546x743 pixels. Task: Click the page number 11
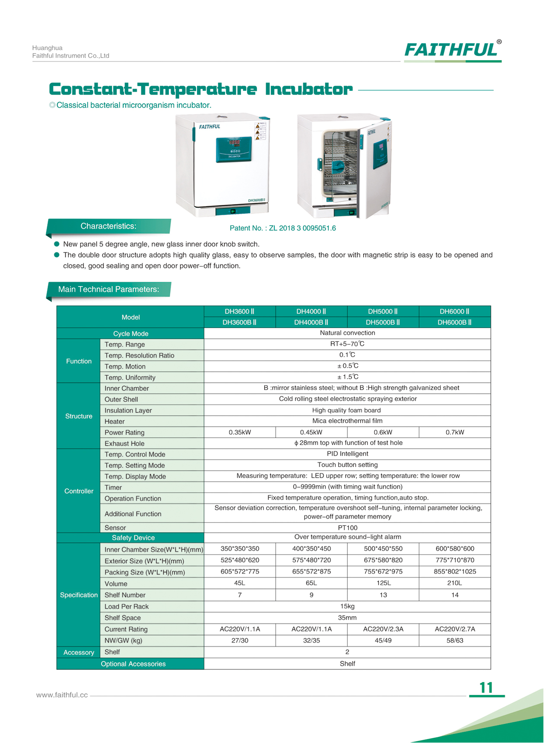pos(486,688)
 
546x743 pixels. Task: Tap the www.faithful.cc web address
pos(62,695)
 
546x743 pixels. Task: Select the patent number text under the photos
pos(283,228)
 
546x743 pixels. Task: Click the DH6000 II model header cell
pos(454,311)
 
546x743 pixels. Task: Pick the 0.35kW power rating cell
pos(240,432)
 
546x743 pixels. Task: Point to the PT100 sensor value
pos(347,528)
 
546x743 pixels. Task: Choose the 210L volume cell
pos(454,583)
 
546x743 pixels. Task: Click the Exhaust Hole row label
pos(124,443)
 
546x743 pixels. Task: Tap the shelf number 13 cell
pos(383,595)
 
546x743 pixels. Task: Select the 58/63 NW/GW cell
pos(454,641)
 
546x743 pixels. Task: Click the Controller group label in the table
pos(79,491)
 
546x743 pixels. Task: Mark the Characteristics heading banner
pos(108,226)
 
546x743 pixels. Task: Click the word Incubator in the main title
pos(308,89)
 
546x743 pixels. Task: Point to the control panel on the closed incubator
pos(234,149)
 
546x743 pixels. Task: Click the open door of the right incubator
pos(376,169)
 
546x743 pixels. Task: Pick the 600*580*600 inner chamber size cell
pos(454,549)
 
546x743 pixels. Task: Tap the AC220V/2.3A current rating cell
pos(383,629)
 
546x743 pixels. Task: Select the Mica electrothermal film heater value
pos(347,421)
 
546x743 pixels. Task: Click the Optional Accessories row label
pos(133,664)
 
